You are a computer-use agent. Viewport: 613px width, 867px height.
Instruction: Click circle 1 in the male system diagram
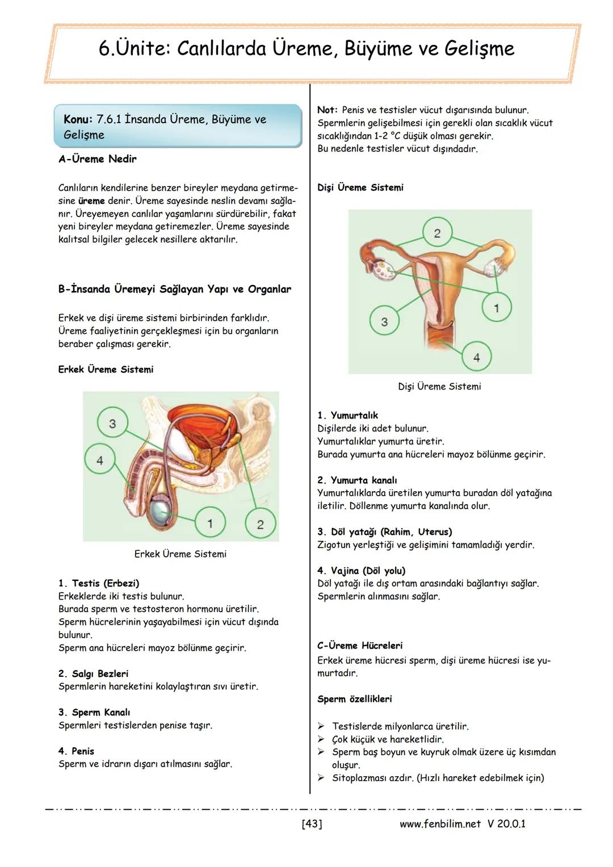click(210, 522)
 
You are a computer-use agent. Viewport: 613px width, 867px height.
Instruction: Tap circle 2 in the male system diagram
click(260, 523)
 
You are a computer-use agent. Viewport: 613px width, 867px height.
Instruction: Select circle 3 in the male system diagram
click(112, 424)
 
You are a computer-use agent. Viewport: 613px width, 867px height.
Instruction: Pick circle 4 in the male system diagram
click(100, 459)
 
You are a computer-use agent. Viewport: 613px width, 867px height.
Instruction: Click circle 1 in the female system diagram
click(496, 308)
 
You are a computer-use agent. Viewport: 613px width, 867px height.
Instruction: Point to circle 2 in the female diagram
click(437, 233)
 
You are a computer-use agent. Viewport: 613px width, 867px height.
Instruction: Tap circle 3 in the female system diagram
click(384, 321)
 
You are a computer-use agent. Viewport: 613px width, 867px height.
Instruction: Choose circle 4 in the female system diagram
click(476, 357)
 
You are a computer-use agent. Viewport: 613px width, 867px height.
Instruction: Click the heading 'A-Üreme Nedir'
click(97, 159)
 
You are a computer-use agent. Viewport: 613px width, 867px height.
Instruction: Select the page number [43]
click(312, 823)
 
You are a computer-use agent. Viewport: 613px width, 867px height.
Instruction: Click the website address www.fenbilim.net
click(440, 823)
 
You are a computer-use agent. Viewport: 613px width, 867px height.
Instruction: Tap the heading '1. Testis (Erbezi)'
click(99, 583)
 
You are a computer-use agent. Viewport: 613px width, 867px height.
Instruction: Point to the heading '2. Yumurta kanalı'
click(357, 480)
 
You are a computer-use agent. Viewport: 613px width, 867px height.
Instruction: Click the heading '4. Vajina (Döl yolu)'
click(362, 571)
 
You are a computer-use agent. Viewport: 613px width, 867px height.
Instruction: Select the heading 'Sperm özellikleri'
click(355, 699)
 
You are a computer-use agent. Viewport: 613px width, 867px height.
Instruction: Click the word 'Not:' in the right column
click(328, 110)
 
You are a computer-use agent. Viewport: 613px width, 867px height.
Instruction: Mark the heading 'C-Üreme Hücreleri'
click(360, 646)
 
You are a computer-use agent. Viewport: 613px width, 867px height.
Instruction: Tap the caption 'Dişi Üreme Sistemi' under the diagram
click(439, 386)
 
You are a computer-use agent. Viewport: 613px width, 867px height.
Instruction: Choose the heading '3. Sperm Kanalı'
click(94, 712)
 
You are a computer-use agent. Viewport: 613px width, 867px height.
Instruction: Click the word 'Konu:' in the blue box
click(78, 119)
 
